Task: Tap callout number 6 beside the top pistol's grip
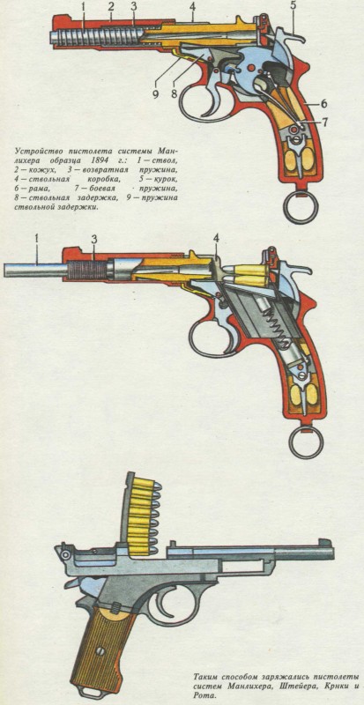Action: (x=323, y=103)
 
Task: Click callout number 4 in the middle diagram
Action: (x=217, y=240)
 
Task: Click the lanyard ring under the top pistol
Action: (x=301, y=206)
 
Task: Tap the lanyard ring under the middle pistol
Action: (x=306, y=442)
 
